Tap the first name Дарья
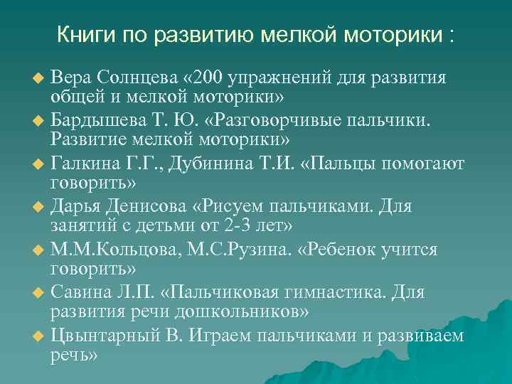(x=76, y=207)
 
